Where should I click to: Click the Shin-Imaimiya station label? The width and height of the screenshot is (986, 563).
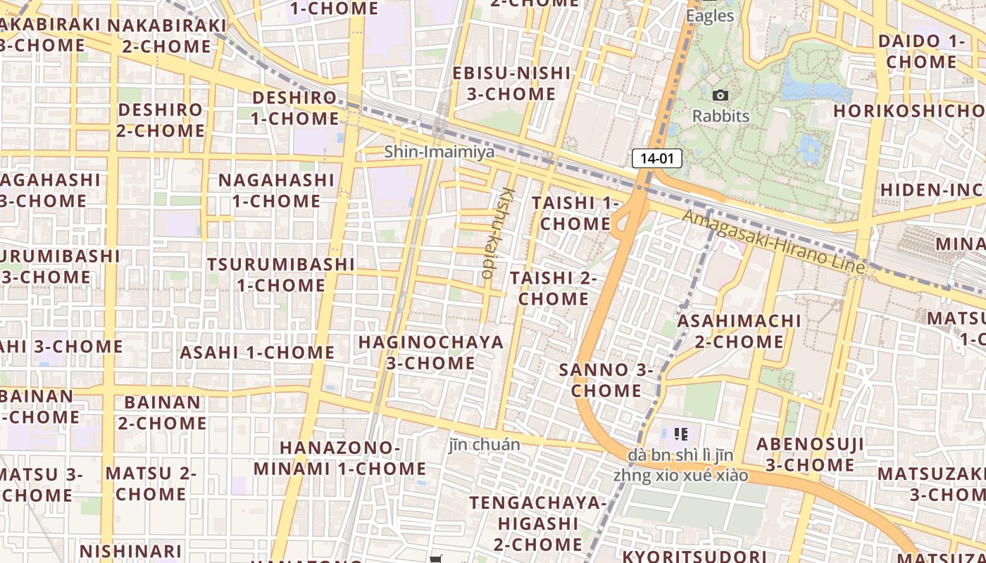point(429,151)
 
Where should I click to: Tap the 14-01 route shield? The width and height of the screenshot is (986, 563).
point(657,158)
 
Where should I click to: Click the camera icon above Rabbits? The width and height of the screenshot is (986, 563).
point(720,95)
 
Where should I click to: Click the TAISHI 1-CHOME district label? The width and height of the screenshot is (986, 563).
point(575,213)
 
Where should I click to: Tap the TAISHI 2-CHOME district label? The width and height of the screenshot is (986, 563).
point(554,288)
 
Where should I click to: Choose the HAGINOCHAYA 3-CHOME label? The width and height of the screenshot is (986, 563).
point(431,353)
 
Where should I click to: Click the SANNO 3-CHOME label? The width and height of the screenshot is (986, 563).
point(606,380)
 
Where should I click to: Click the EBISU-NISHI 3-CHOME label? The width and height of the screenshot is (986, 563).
point(511,83)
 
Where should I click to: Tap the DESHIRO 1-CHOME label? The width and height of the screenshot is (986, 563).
point(295,108)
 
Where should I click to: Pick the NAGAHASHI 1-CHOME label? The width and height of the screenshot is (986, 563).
point(276,190)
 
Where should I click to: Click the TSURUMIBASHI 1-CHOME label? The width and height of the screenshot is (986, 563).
point(281,274)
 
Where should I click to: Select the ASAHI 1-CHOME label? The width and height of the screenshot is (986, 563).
point(258,352)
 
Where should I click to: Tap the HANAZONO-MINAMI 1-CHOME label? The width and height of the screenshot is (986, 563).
point(340,458)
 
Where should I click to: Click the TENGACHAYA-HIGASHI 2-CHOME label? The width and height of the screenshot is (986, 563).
point(538,524)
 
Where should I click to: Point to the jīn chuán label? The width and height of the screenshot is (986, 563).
point(485,445)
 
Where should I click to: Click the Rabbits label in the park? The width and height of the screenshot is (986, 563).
point(720,116)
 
